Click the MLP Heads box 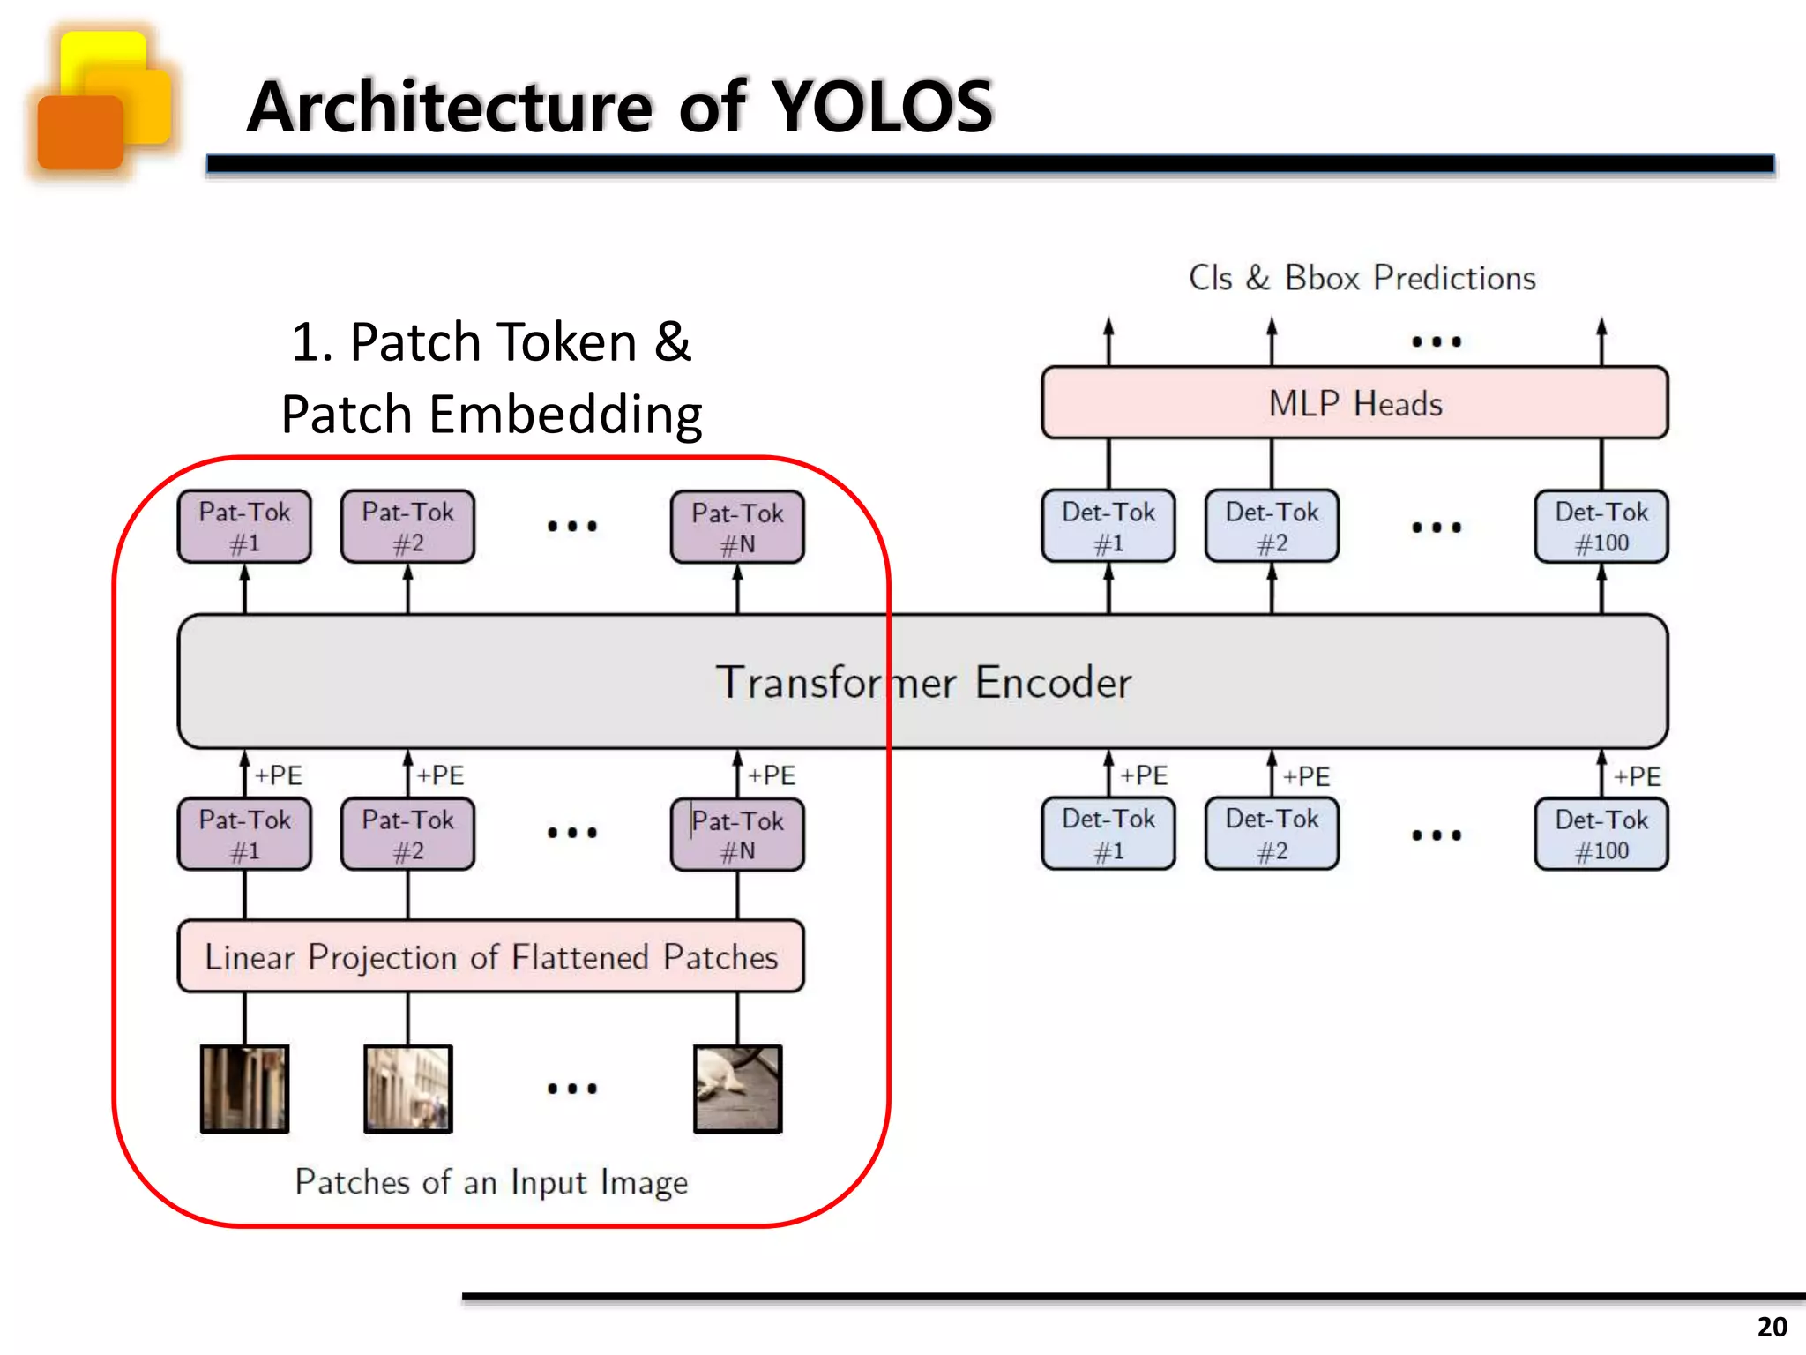tap(1354, 403)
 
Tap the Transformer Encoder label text tap(922, 682)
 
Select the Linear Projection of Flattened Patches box tap(490, 956)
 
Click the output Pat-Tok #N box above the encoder tap(737, 528)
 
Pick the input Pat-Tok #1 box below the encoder tap(244, 835)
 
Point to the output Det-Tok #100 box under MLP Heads tap(1601, 527)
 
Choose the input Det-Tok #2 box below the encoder tap(1272, 835)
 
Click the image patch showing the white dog tap(737, 1089)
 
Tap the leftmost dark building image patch tap(244, 1089)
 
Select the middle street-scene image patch tap(407, 1089)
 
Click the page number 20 tap(1772, 1327)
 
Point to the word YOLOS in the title tap(882, 107)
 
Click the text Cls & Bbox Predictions tap(1362, 278)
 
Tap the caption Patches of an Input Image tap(490, 1182)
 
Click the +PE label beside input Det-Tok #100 tap(1637, 776)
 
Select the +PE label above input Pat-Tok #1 tap(279, 775)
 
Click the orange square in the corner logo tap(79, 132)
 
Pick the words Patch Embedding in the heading tap(491, 414)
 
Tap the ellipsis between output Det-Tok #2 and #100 tap(1436, 528)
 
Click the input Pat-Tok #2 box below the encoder tap(407, 835)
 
